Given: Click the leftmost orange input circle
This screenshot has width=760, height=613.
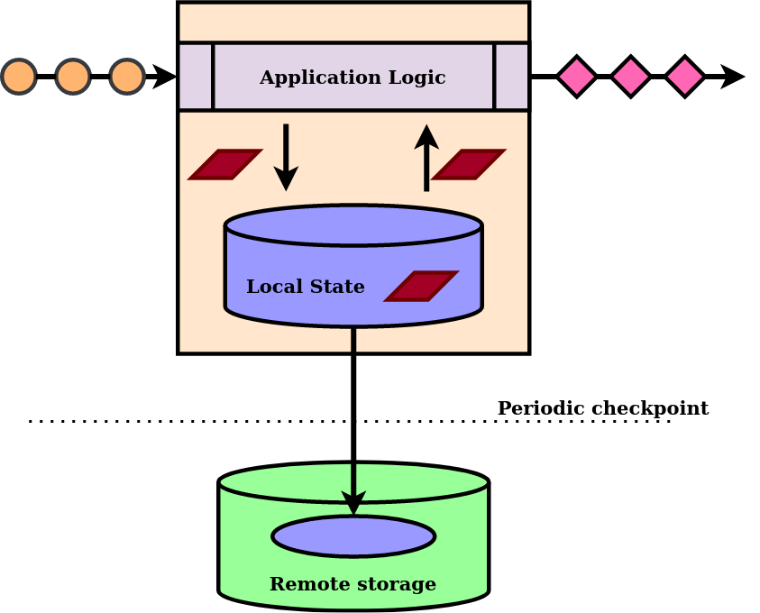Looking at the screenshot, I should tap(19, 77).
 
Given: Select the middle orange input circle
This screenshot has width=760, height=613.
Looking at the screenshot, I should tap(73, 77).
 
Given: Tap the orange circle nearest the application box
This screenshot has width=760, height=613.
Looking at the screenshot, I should tap(127, 77).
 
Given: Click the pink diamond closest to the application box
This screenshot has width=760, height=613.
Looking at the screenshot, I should tap(576, 77).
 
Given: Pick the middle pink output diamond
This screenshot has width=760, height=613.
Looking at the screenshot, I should tap(630, 77).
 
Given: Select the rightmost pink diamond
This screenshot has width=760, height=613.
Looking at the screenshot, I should tap(684, 77).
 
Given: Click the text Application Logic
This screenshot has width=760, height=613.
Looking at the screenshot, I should tap(353, 78).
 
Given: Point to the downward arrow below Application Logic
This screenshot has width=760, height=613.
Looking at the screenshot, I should tap(286, 157).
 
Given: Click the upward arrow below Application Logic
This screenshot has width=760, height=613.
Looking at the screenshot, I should tap(426, 157).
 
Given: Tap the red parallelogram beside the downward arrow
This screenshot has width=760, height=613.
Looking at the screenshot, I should tap(225, 164).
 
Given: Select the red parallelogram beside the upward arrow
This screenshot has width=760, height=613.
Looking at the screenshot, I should tap(469, 164).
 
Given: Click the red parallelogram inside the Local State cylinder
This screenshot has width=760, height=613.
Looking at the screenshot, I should tap(421, 286).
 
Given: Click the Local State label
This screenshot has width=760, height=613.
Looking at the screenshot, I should tap(305, 287).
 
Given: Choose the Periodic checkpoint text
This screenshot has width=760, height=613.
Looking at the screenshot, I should tap(602, 408).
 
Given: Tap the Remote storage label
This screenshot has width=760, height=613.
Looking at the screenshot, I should tap(353, 584).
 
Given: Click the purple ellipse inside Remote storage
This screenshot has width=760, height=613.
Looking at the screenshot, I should tap(353, 537).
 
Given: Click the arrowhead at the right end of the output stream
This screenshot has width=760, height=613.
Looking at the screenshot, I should tap(734, 77).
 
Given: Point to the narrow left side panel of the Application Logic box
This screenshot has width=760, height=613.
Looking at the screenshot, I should tap(196, 77).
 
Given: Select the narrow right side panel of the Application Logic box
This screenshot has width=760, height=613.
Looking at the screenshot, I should tap(511, 77).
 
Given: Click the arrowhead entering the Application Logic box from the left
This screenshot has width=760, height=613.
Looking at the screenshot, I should tap(166, 77).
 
